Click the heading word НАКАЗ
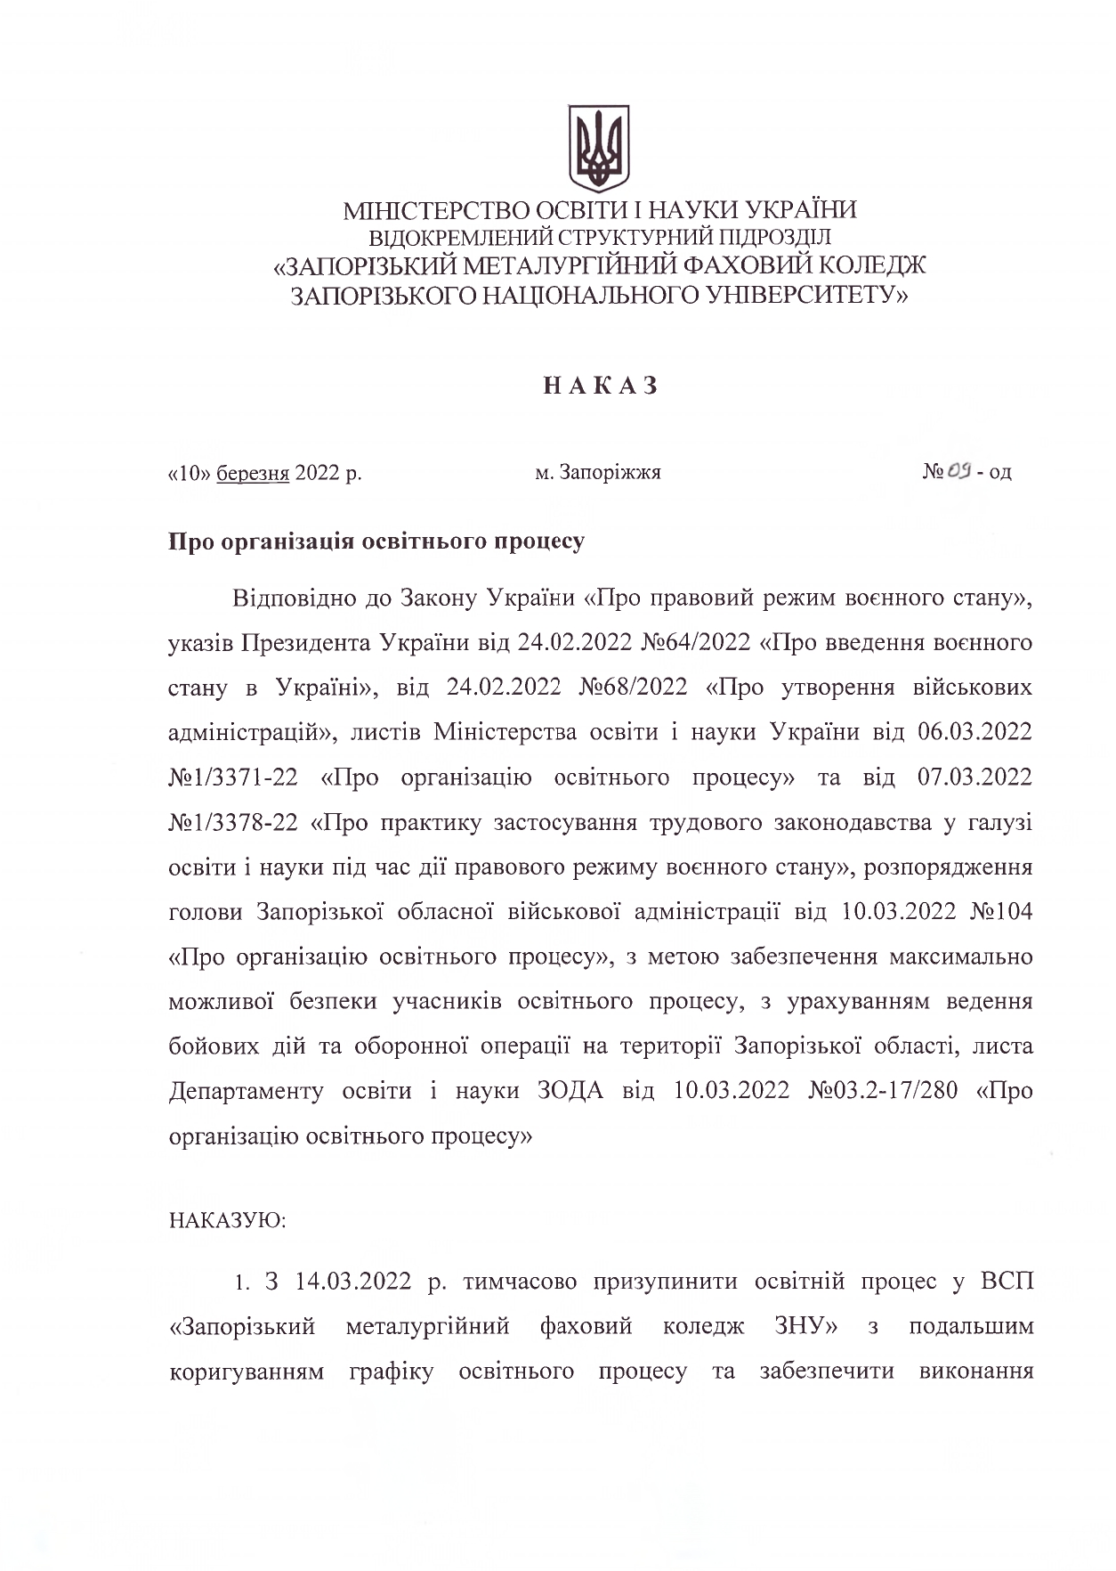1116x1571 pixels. click(600, 386)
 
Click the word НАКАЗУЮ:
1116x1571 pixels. click(227, 1219)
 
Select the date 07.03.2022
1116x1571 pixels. click(974, 777)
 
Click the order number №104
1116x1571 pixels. click(999, 912)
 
